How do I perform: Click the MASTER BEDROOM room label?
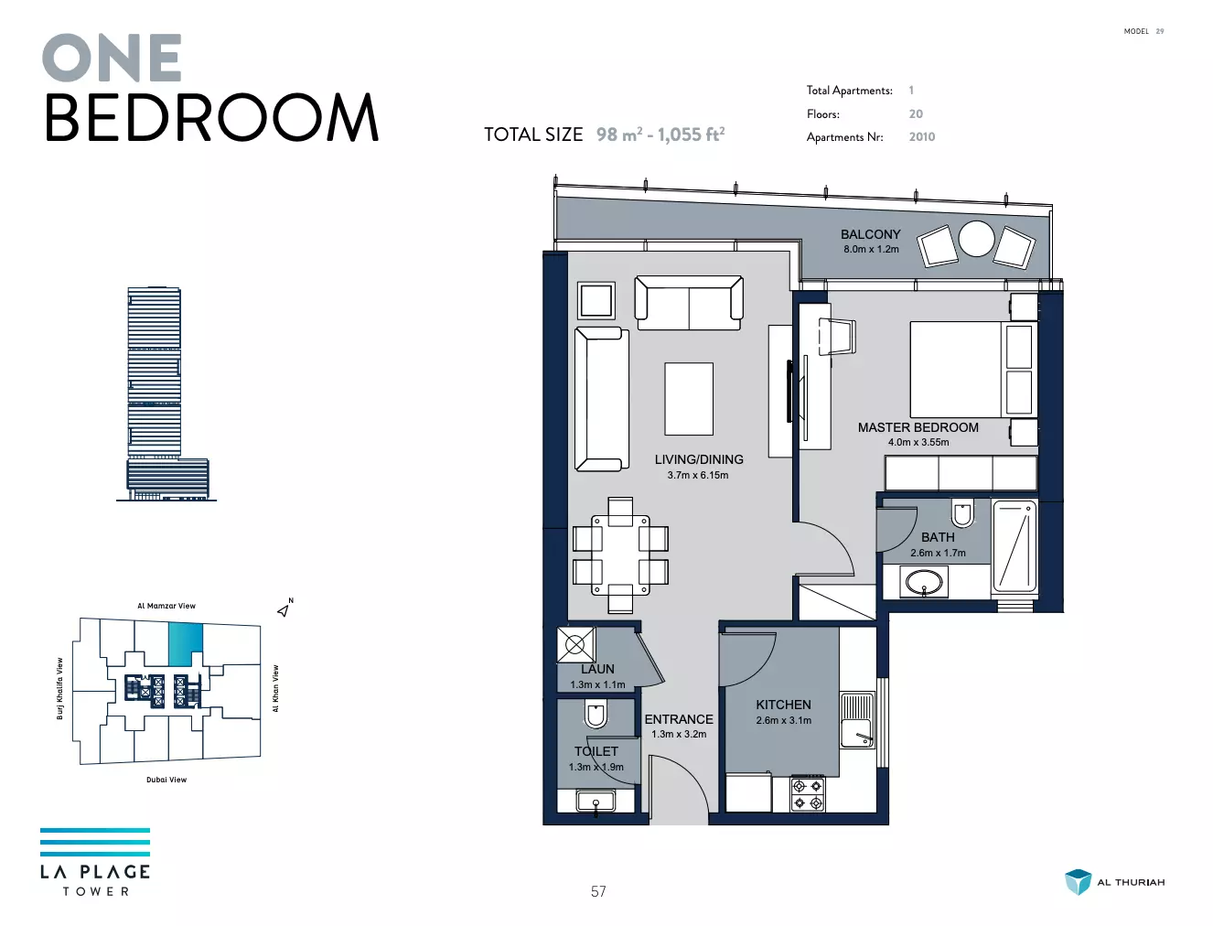[x=918, y=427]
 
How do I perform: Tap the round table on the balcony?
[x=976, y=239]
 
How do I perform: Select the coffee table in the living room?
[x=689, y=398]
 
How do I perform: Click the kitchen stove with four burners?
[x=808, y=794]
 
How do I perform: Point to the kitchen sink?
[x=857, y=720]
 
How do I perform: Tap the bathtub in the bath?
[x=1014, y=545]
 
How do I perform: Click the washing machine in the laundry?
[x=575, y=644]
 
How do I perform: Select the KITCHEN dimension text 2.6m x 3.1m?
[x=784, y=720]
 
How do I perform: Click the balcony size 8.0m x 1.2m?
[x=871, y=249]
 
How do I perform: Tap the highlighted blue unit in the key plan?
[x=186, y=644]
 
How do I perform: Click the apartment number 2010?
[x=922, y=136]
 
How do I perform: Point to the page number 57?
[x=598, y=891]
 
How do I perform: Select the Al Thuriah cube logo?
[x=1078, y=882]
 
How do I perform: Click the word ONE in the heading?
[x=113, y=58]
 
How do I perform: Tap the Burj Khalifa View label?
[x=59, y=688]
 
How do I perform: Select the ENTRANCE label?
[x=679, y=719]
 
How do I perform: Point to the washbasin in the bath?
[x=924, y=582]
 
